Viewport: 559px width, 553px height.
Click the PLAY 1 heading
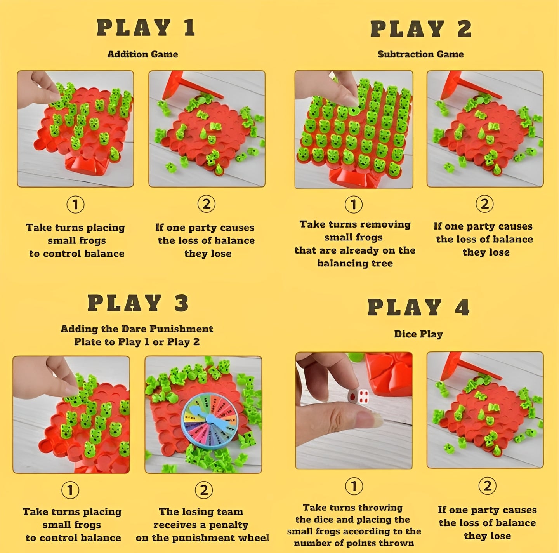click(x=146, y=28)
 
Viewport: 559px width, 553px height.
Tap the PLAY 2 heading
click(x=421, y=29)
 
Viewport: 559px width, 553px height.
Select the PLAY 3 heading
click(x=138, y=303)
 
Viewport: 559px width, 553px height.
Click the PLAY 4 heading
click(x=418, y=308)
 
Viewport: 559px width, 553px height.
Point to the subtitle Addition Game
click(x=142, y=54)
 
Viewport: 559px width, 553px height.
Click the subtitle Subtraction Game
click(x=420, y=54)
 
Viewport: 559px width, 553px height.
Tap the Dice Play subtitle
click(x=418, y=334)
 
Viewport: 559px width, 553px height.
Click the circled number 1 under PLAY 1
click(x=75, y=205)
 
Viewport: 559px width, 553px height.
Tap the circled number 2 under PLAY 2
click(x=484, y=204)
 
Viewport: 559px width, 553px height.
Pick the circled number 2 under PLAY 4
click(x=487, y=486)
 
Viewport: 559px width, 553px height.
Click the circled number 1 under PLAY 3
click(x=70, y=490)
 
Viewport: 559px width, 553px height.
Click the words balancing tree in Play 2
click(x=355, y=264)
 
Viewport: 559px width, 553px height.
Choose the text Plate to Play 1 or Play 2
click(x=137, y=342)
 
